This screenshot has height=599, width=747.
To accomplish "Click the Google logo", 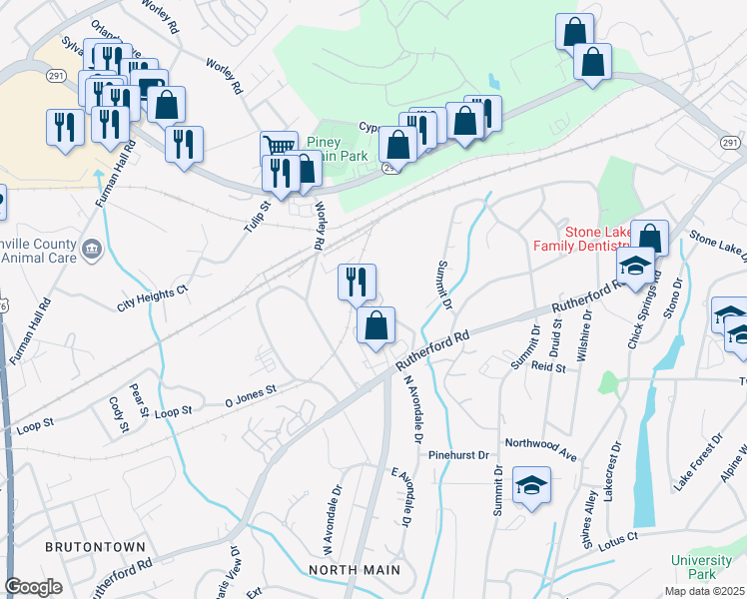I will [x=34, y=587].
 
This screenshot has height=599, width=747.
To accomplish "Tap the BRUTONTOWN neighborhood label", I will [x=95, y=547].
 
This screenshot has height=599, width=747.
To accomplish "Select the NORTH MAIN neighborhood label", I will [x=355, y=570].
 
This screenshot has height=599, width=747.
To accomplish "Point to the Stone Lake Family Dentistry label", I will [x=596, y=239].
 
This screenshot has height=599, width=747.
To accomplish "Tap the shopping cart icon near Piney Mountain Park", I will [x=279, y=148].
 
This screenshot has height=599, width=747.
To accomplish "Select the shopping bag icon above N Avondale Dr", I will [x=376, y=325].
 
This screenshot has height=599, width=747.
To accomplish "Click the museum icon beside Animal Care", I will [x=92, y=248].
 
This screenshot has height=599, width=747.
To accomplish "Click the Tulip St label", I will [x=259, y=218].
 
